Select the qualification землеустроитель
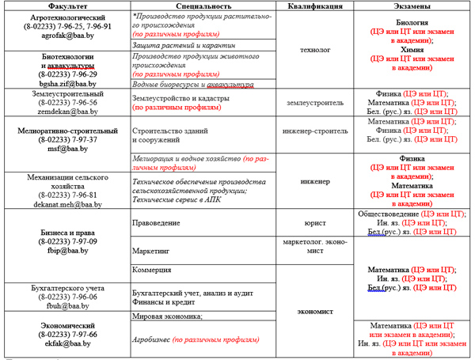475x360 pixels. (316, 103)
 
